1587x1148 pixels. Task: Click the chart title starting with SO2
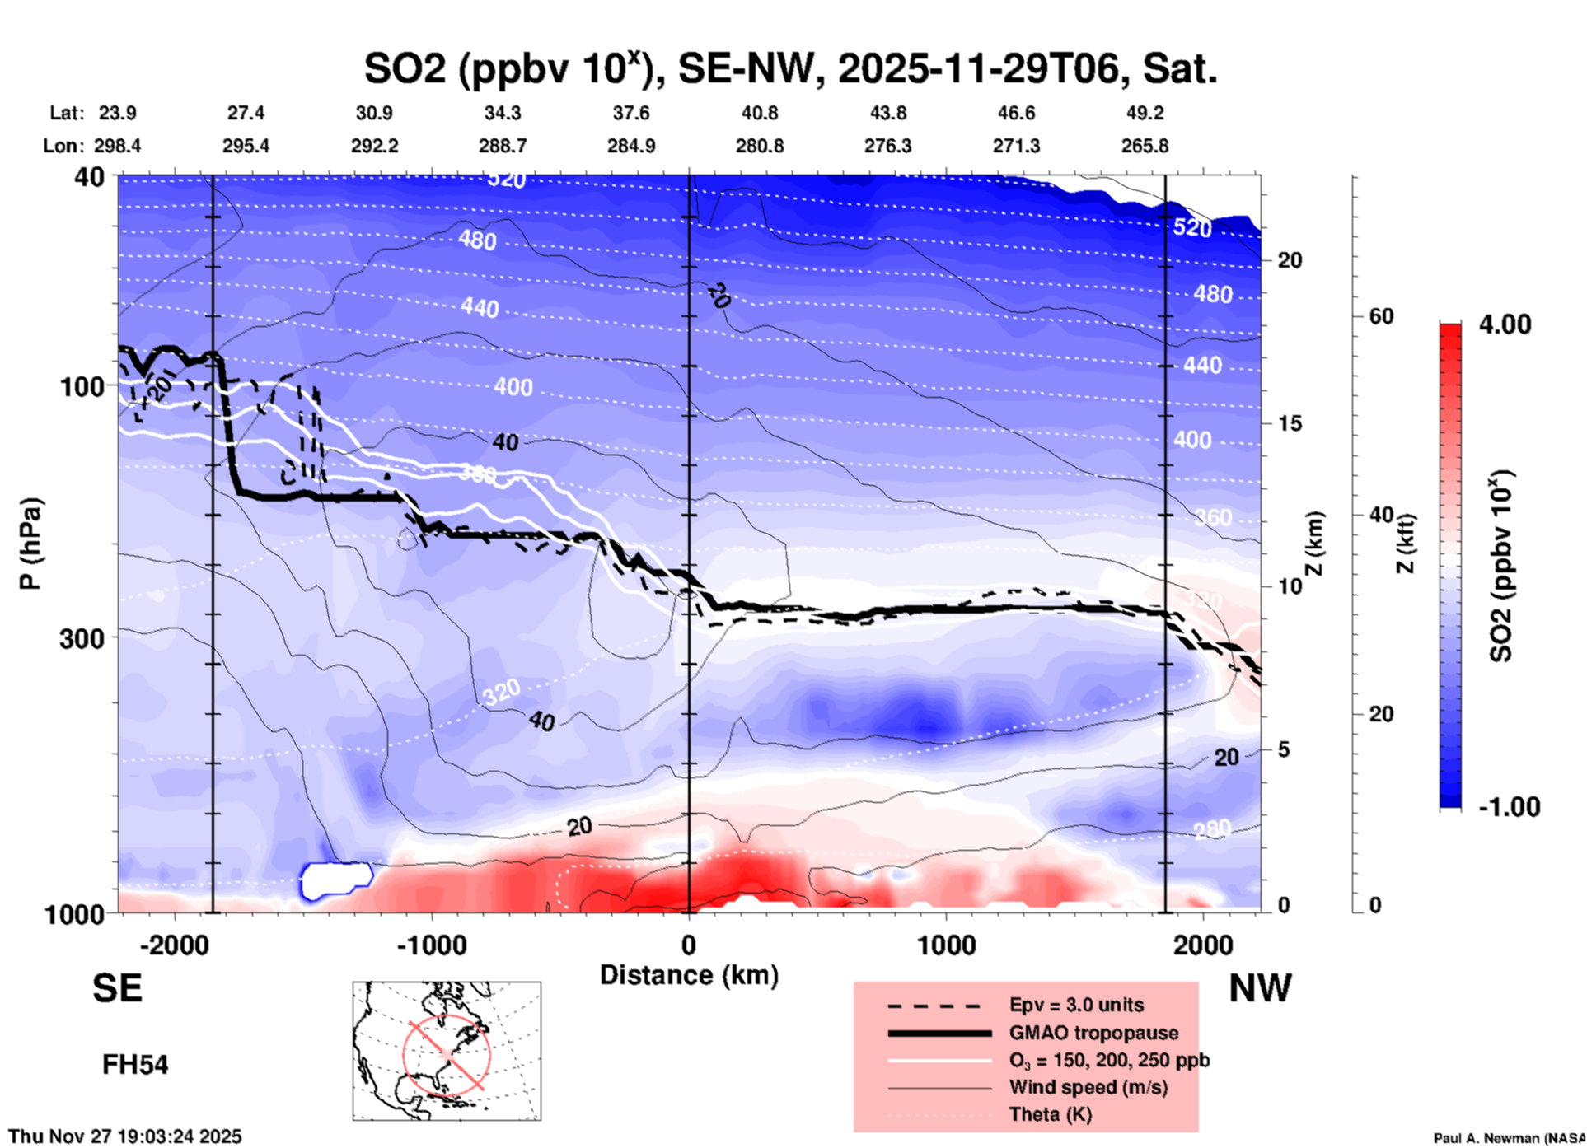[x=790, y=68]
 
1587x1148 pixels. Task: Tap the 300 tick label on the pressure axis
[x=82, y=638]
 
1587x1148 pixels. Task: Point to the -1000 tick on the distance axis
[x=432, y=945]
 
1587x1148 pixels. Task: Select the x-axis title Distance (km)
[x=689, y=975]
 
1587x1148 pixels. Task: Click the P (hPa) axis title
[x=30, y=544]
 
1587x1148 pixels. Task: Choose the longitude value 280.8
[x=759, y=146]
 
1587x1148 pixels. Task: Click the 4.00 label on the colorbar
[x=1505, y=324]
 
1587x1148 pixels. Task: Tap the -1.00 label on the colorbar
[x=1508, y=806]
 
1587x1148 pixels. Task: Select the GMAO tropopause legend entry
[x=1093, y=1033]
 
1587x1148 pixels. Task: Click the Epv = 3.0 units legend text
[x=1076, y=1005]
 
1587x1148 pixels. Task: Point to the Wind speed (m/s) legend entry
[x=1088, y=1087]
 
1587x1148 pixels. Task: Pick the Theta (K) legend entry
[x=1050, y=1114]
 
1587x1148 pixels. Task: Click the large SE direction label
[x=117, y=988]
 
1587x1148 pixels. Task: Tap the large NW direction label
[x=1260, y=988]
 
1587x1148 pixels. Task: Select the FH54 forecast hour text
[x=135, y=1065]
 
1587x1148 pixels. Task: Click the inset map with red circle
[x=447, y=1051]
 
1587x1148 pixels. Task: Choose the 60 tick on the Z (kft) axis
[x=1381, y=316]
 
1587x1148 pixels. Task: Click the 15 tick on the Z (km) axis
[x=1290, y=423]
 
